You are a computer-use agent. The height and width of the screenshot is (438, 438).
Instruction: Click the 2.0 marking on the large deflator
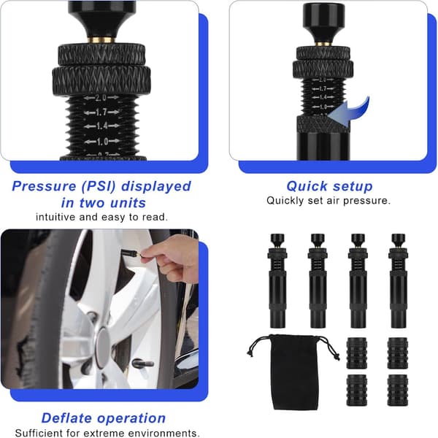101,98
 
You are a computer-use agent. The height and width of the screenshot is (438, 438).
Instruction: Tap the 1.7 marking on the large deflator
101,112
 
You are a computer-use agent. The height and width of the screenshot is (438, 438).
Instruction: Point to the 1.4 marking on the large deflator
102,126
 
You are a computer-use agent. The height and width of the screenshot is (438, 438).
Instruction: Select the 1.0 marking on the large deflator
102,142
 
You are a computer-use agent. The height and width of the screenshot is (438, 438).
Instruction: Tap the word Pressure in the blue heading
44,186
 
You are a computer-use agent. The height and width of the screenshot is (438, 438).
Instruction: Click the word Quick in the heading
307,187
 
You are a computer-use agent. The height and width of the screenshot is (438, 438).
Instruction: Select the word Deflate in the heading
66,418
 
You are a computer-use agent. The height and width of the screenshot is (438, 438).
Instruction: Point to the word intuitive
55,217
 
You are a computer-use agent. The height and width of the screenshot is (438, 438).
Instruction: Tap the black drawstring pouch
295,372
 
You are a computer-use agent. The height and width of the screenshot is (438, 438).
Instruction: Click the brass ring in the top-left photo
101,40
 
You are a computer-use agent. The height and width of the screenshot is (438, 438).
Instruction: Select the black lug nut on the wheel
142,364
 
